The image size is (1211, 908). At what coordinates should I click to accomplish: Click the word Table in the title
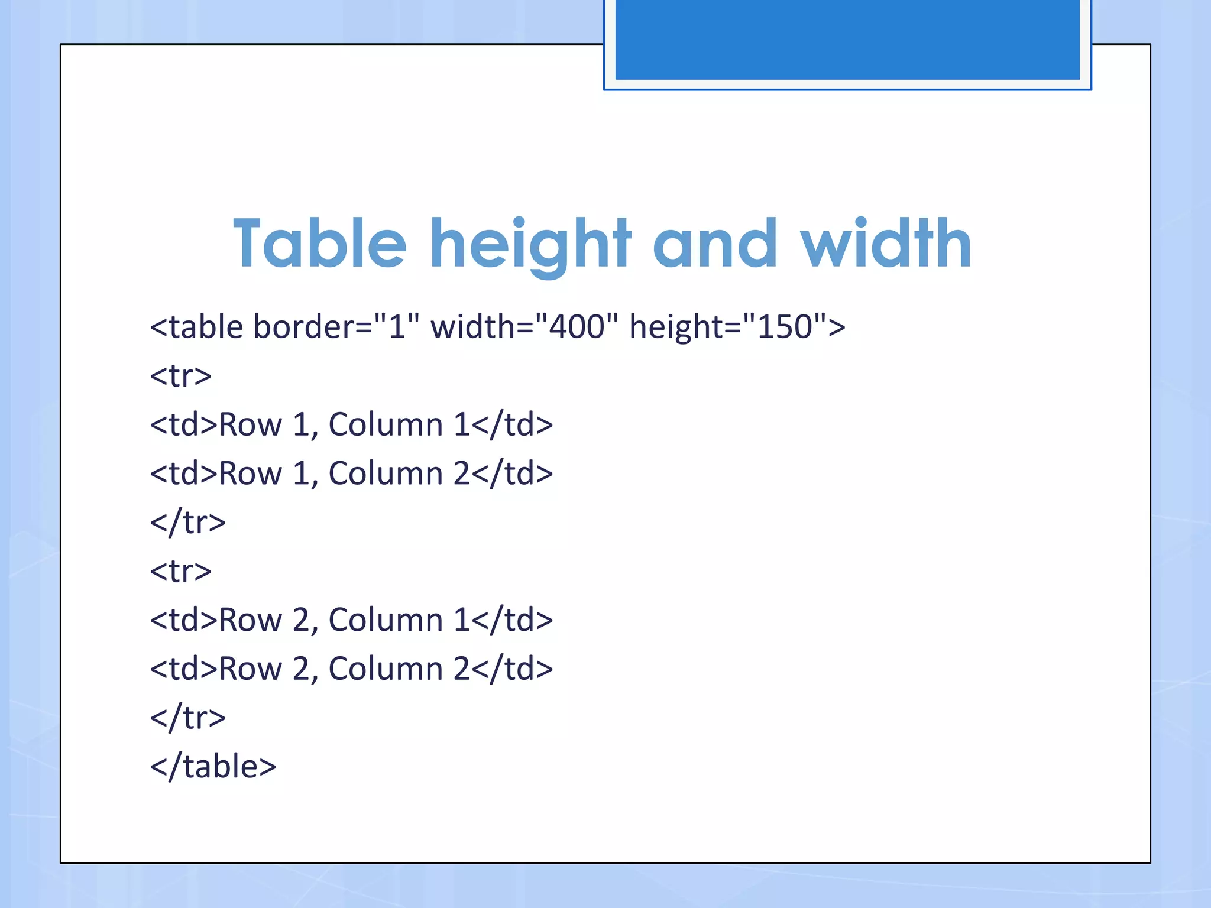coord(320,244)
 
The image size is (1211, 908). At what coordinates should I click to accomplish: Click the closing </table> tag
coord(213,766)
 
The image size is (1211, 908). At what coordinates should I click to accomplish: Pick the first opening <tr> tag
coord(181,376)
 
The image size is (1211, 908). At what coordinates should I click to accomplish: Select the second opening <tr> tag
coord(181,571)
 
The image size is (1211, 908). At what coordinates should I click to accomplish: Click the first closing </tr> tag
coord(188,523)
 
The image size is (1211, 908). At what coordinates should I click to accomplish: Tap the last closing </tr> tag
coord(188,718)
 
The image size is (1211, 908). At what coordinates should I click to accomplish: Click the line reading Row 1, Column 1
coord(351,424)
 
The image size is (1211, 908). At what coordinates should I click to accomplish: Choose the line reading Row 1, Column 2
coord(351,474)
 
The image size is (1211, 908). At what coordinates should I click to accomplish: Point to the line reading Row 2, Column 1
coord(351,620)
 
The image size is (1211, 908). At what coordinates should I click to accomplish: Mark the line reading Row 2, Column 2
coord(351,669)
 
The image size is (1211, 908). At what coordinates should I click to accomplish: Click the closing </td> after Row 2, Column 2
coord(512,669)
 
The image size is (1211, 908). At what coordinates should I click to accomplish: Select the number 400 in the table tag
coord(577,326)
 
